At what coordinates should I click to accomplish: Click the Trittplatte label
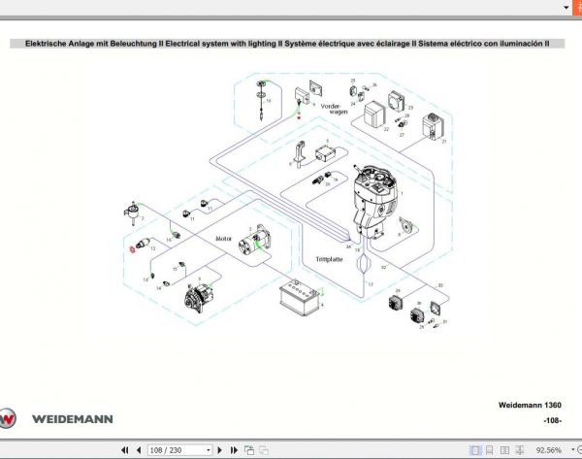(330, 258)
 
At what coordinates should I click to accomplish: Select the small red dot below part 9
(299, 115)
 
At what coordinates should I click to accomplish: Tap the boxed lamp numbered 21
(430, 127)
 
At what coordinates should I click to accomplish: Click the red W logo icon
(10, 419)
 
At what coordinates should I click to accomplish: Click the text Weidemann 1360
(529, 405)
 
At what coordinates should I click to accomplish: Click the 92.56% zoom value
(548, 450)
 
